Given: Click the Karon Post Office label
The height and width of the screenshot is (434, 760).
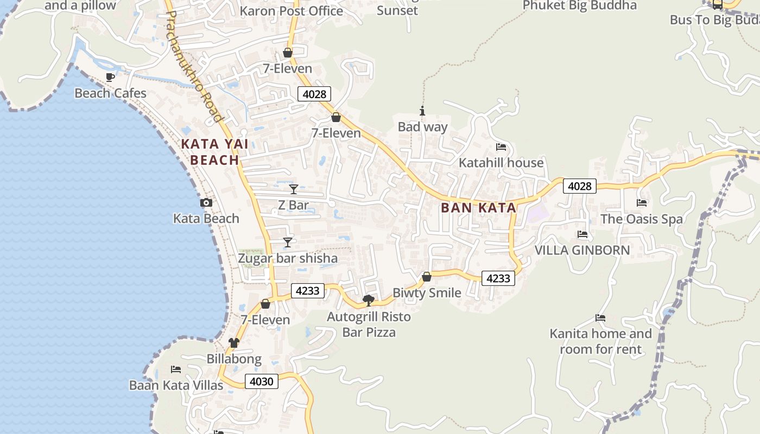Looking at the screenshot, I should pyautogui.click(x=291, y=11).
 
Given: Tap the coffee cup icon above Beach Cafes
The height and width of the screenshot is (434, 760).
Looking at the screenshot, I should pyautogui.click(x=110, y=77).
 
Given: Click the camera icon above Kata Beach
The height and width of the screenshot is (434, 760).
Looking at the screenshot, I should pyautogui.click(x=206, y=203).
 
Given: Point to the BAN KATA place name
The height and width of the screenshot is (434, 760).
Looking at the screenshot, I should pyautogui.click(x=478, y=208).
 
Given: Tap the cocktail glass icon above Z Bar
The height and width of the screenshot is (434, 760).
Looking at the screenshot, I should pyautogui.click(x=294, y=189).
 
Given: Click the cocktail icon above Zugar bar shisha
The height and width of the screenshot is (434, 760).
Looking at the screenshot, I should pyautogui.click(x=288, y=242).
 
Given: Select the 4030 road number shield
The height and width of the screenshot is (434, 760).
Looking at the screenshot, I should pyautogui.click(x=261, y=381).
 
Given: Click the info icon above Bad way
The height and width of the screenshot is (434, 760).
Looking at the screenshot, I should pyautogui.click(x=422, y=111).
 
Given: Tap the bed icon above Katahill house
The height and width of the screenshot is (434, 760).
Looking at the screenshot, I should pyautogui.click(x=501, y=147).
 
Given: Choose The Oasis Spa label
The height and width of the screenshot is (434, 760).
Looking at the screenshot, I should pyautogui.click(x=641, y=219).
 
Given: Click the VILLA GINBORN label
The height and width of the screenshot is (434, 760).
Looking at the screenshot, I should pyautogui.click(x=582, y=250).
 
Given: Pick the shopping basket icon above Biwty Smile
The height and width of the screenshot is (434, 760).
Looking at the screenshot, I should pyautogui.click(x=427, y=277).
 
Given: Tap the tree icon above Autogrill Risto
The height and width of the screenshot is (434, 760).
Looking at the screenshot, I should pyautogui.click(x=369, y=300).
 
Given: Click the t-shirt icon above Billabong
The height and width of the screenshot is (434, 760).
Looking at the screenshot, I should pyautogui.click(x=234, y=343).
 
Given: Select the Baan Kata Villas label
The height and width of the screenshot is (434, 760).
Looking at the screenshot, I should pyautogui.click(x=176, y=385).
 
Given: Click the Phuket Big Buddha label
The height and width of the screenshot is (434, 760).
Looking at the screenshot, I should pyautogui.click(x=579, y=5).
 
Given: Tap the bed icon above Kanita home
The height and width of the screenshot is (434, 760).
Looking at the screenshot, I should pyautogui.click(x=600, y=318).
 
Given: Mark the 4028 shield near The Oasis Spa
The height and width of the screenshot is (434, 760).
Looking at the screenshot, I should pyautogui.click(x=579, y=186).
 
